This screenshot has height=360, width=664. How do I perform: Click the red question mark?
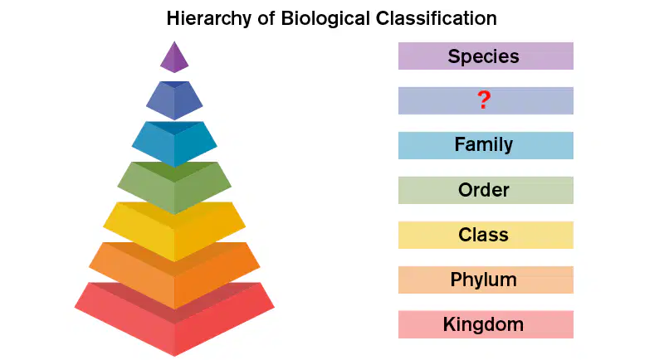[484, 100]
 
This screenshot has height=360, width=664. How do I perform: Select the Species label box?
[486, 56]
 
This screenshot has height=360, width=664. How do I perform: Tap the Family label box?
[486, 145]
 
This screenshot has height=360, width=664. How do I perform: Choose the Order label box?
[486, 190]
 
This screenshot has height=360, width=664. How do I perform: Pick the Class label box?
[486, 235]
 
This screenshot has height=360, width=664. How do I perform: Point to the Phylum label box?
[486, 280]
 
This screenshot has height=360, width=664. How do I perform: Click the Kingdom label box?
[486, 324]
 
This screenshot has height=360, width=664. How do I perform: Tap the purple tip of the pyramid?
[174, 58]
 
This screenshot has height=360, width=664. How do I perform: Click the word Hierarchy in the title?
[209, 18]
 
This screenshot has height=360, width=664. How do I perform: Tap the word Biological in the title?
[325, 18]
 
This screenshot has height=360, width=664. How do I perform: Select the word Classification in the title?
[437, 18]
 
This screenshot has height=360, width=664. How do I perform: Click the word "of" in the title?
[266, 18]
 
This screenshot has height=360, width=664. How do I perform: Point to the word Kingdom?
[484, 324]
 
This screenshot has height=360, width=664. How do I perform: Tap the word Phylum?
[484, 280]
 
